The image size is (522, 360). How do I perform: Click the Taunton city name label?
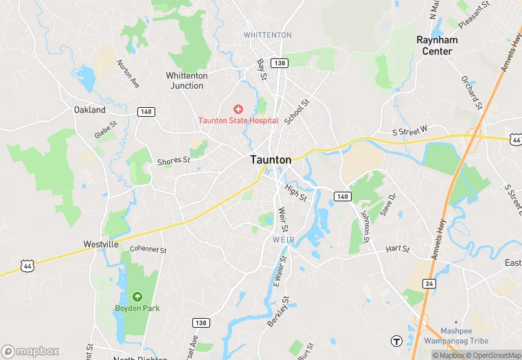pyautogui.click(x=271, y=159)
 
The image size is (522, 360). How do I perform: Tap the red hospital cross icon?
pyautogui.click(x=238, y=109)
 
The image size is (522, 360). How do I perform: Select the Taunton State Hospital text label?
pyautogui.click(x=238, y=120)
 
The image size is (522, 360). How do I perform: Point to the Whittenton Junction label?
pyautogui.click(x=185, y=80)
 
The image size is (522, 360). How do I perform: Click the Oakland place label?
pyautogui.click(x=90, y=110)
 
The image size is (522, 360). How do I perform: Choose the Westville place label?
pyautogui.click(x=101, y=244)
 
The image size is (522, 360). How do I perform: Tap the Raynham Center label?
pyautogui.click(x=437, y=45)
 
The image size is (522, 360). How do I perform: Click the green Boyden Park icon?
pyautogui.click(x=137, y=297)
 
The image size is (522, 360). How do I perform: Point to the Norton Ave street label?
pyautogui.click(x=128, y=74)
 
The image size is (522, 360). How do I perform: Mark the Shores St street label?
pyautogui.click(x=173, y=161)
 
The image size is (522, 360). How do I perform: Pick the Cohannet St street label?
pyautogui.click(x=148, y=249)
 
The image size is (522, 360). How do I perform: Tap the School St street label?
pyautogui.click(x=297, y=111)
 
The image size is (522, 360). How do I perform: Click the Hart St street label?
pyautogui.click(x=397, y=249)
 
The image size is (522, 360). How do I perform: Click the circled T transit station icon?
pyautogui.click(x=396, y=341)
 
